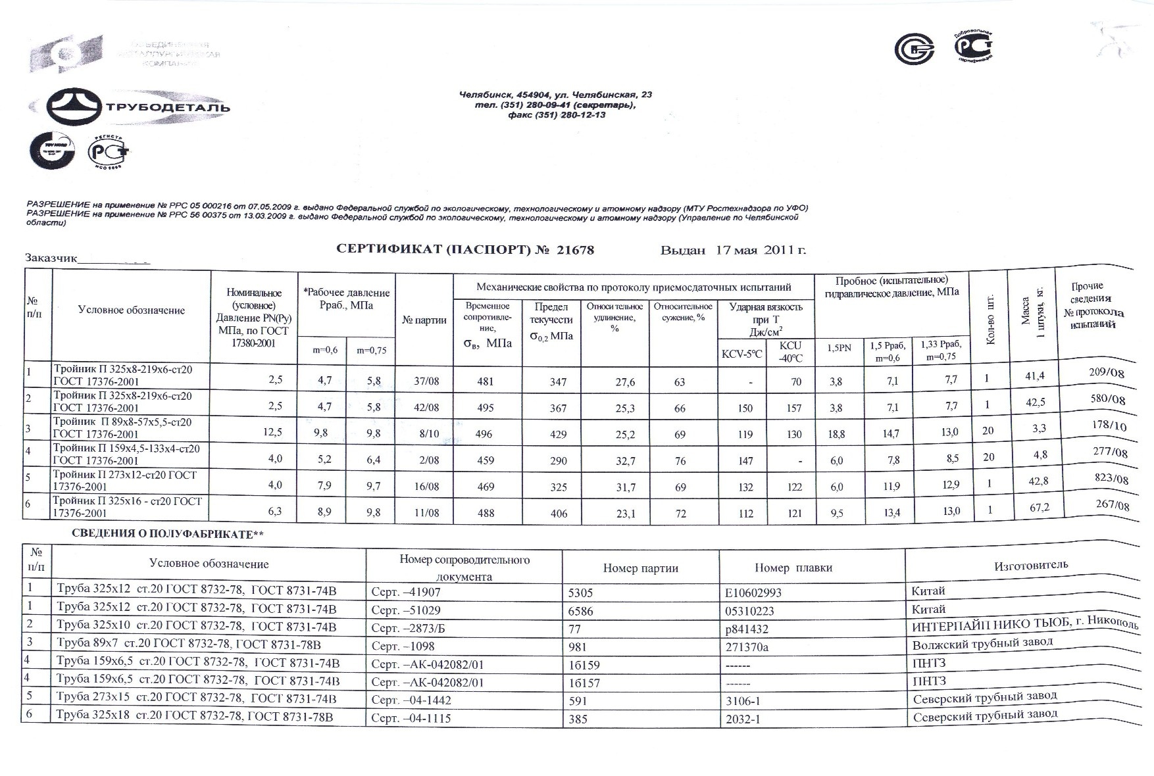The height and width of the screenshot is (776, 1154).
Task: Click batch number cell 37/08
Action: [426, 381]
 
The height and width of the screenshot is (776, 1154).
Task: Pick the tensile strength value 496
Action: [486, 434]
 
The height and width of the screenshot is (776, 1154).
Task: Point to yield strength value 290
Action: [558, 461]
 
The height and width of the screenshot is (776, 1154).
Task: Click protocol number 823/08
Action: [1111, 478]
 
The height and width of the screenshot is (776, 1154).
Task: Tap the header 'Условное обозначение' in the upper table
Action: [132, 310]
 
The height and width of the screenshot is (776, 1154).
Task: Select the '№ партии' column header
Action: [424, 320]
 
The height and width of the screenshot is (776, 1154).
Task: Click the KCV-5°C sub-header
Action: [741, 354]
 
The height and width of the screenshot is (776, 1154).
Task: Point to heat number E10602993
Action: [753, 593]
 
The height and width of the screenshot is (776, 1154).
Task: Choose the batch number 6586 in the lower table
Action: [581, 611]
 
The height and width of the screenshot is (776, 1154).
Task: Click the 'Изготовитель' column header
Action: [1031, 565]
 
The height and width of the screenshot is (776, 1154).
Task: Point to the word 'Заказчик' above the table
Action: [51, 258]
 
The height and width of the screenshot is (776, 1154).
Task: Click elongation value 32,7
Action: [625, 461]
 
